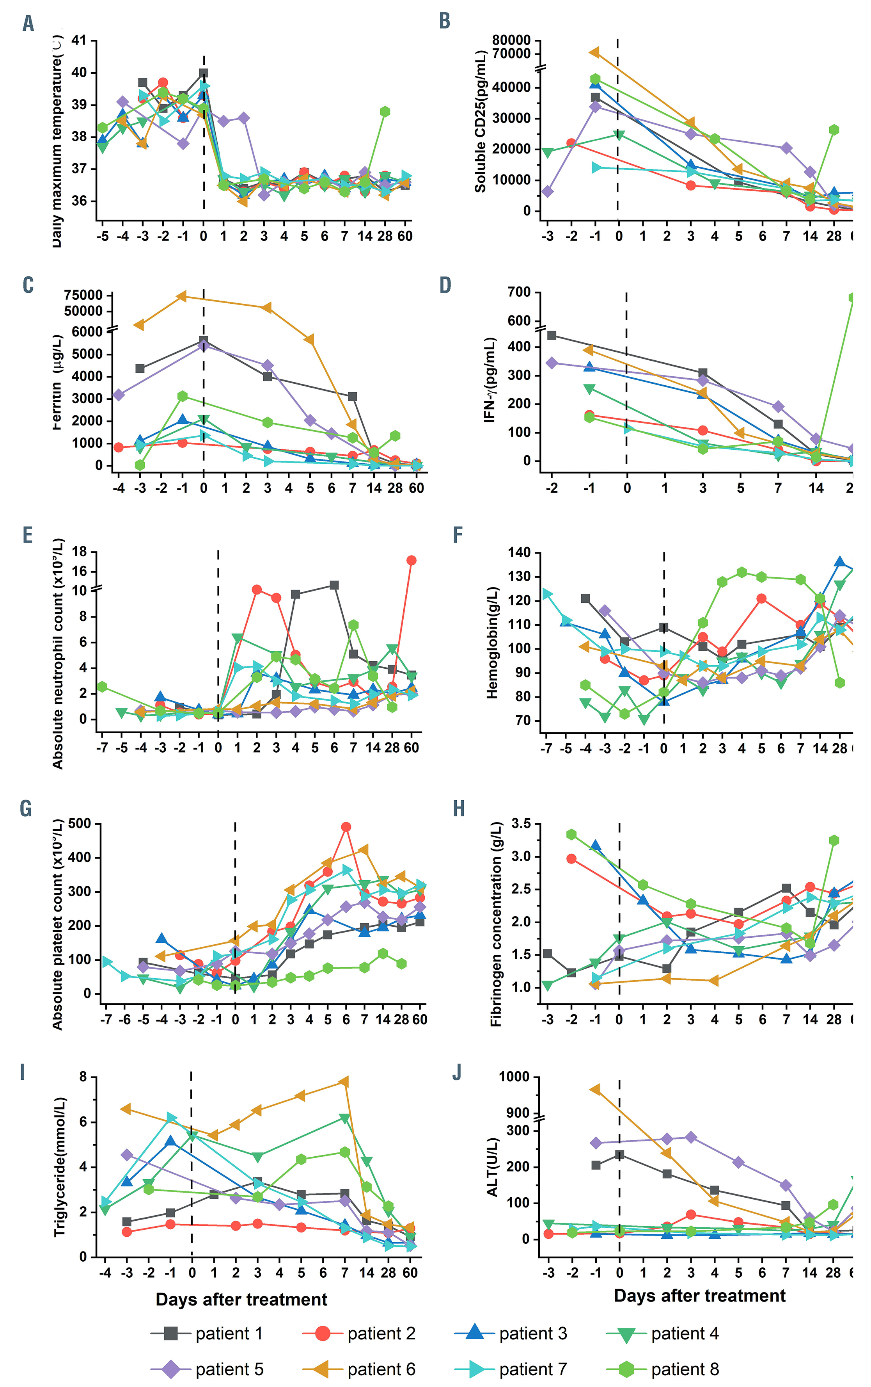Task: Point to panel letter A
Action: click(28, 24)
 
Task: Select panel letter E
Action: click(28, 535)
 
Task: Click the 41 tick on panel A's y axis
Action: click(79, 41)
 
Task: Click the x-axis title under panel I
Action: click(241, 1300)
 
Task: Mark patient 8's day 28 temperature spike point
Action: click(385, 112)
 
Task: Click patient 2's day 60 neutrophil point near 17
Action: click(411, 561)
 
